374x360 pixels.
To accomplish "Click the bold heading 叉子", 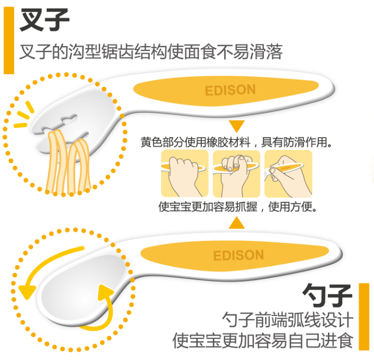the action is [x=44, y=20].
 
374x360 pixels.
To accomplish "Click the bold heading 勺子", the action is [x=327, y=295].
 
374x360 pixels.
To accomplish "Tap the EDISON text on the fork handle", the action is [x=230, y=90].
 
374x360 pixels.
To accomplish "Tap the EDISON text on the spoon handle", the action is [x=238, y=255].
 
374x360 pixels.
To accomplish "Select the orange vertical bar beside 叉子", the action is [x=9, y=40].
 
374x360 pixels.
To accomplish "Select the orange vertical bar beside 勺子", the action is [x=364, y=317].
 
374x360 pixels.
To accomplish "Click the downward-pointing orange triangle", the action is [x=237, y=126].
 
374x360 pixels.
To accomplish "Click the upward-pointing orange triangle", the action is [x=237, y=222].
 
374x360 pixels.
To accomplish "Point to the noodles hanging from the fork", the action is [x=68, y=163].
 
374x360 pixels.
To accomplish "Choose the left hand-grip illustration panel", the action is [x=185, y=174].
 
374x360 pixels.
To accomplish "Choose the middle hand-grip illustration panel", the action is [x=236, y=174].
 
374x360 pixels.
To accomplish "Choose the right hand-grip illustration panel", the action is [x=288, y=174].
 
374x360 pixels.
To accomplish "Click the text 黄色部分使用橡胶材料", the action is [x=195, y=142].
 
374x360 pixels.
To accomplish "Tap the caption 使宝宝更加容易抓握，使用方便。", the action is [x=237, y=206].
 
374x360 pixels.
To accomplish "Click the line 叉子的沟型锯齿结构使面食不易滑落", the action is [x=151, y=52].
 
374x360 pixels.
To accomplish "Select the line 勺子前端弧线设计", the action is [x=288, y=320].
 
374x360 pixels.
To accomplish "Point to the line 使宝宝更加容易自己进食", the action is [x=263, y=341].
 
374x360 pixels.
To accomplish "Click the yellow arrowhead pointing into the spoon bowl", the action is [x=106, y=292].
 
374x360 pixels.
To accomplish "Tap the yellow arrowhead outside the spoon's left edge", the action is [x=26, y=291].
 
